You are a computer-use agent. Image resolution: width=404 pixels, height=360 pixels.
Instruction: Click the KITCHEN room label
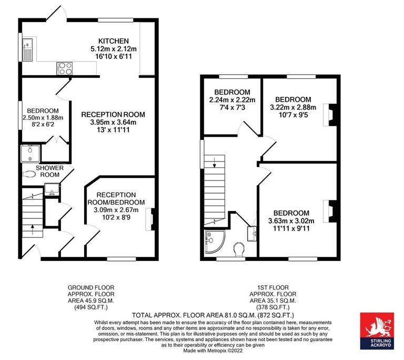(x=113, y=41)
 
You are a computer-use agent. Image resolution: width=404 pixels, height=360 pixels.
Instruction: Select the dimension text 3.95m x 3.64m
(x=113, y=123)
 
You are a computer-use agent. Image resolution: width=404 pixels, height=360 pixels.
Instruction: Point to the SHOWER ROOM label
(x=49, y=171)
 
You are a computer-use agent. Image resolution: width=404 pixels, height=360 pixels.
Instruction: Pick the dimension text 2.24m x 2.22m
(x=232, y=100)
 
